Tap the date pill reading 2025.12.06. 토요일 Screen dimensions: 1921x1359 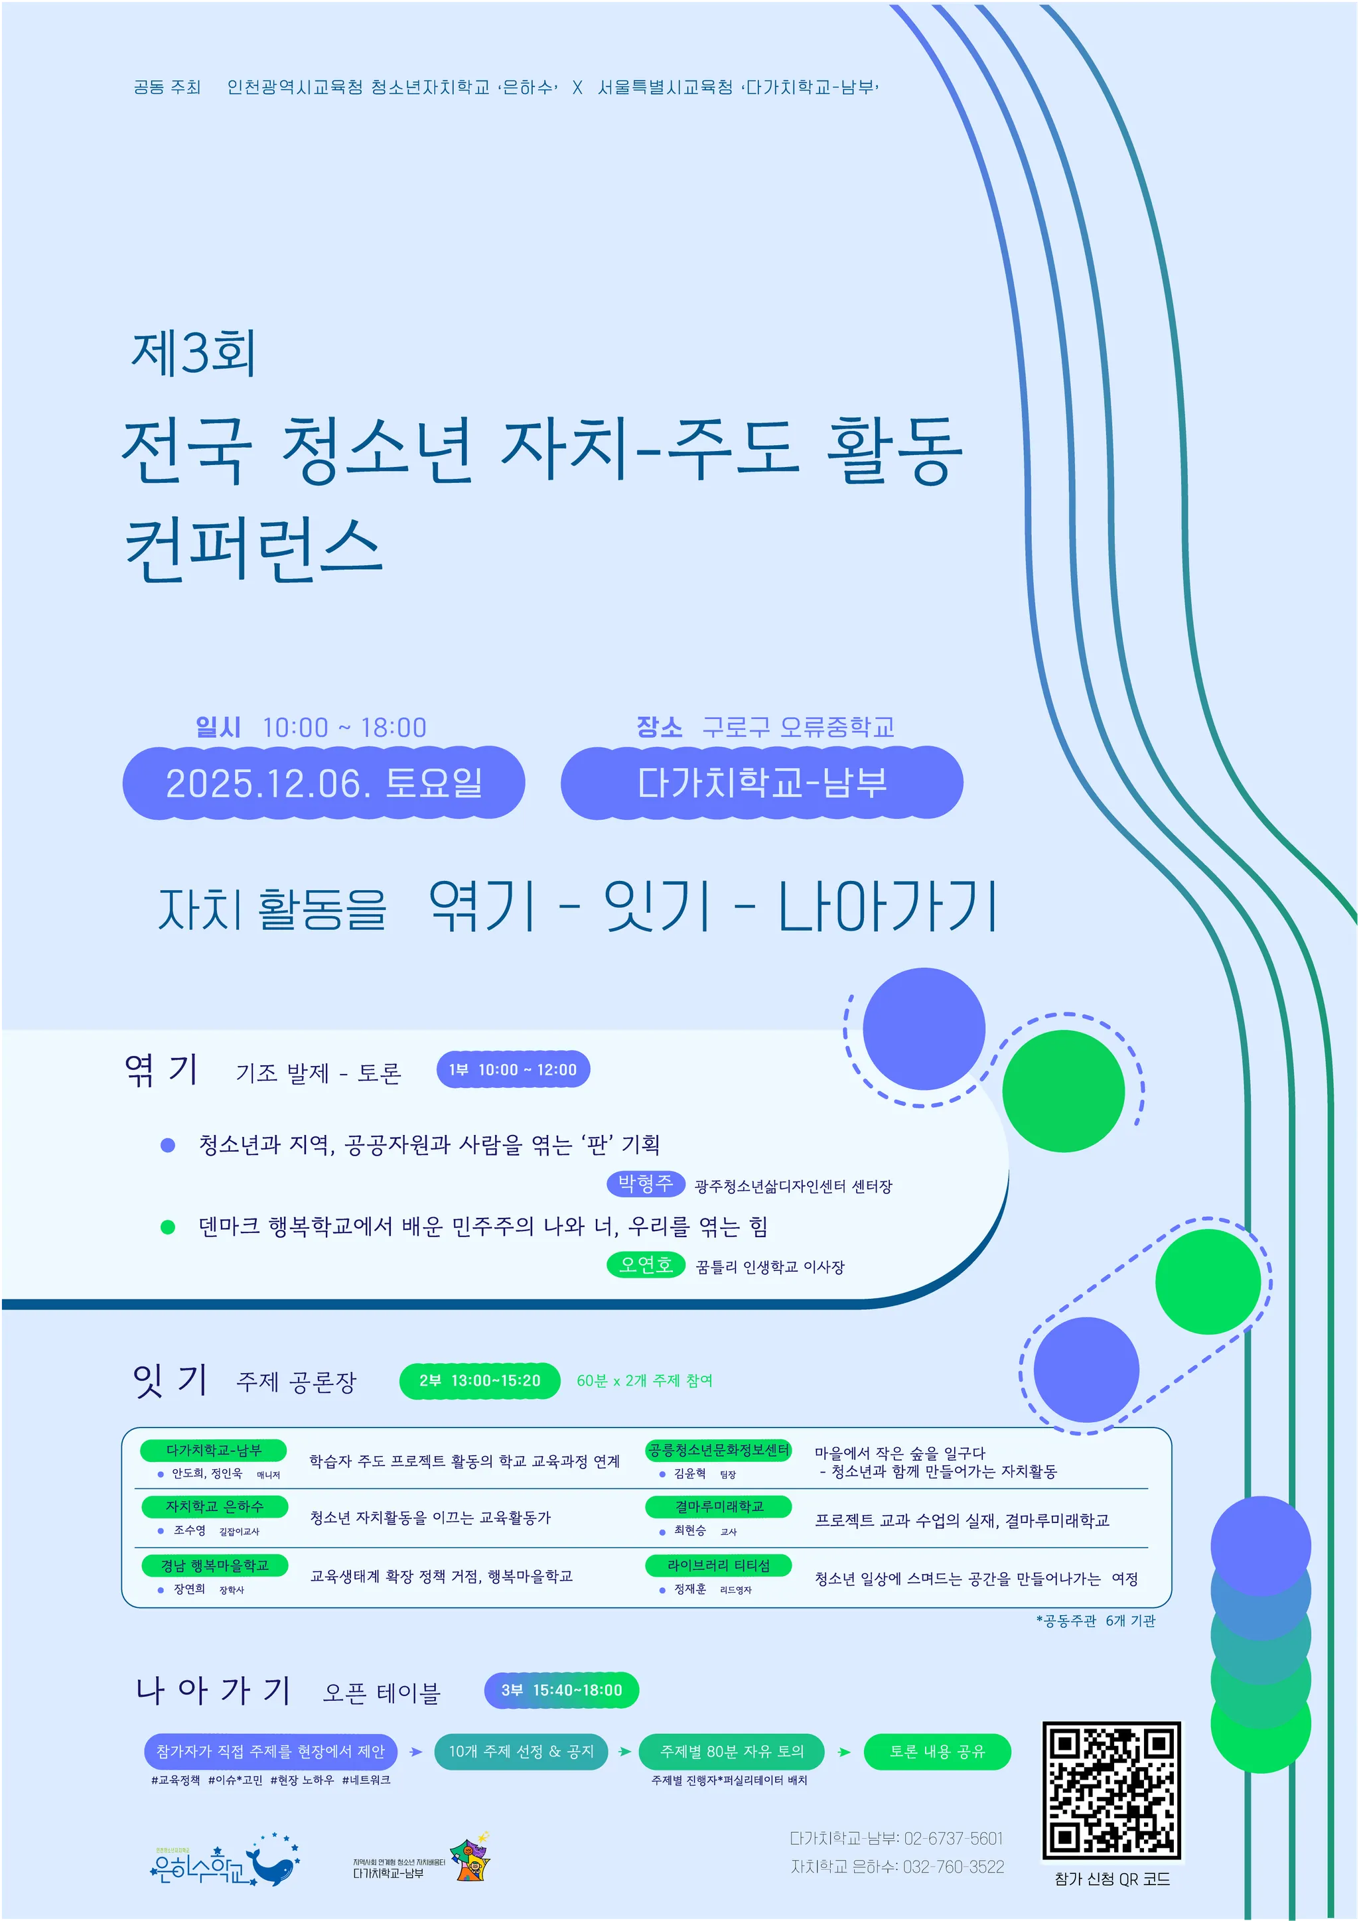[x=324, y=783]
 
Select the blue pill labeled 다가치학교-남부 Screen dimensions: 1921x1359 [x=762, y=783]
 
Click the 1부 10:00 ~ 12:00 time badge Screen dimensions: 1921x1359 [x=513, y=1069]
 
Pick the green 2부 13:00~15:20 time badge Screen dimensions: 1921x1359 [x=480, y=1380]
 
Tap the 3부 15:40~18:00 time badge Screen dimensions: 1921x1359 [x=561, y=1690]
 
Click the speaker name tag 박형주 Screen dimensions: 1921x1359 [x=645, y=1184]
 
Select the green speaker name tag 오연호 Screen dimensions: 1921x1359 [x=645, y=1264]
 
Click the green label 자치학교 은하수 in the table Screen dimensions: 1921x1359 [x=214, y=1506]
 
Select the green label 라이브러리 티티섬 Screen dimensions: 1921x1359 [x=718, y=1565]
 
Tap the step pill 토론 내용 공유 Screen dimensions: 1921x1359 [x=937, y=1752]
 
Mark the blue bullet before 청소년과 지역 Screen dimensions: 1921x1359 [x=167, y=1144]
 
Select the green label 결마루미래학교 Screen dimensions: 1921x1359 [x=718, y=1506]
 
